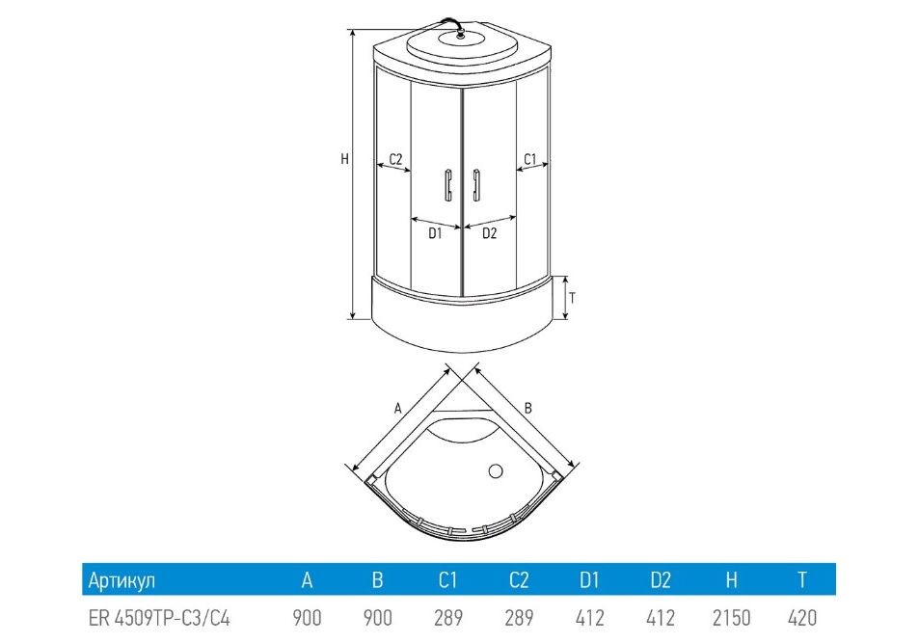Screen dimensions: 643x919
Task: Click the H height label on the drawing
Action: point(344,159)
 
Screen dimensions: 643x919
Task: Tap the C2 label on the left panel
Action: point(395,158)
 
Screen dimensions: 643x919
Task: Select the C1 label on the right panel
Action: point(529,158)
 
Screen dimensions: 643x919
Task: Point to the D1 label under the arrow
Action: point(435,232)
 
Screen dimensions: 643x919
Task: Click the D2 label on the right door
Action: point(490,232)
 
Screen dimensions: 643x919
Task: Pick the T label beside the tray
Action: point(572,297)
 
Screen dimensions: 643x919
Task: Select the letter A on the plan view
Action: point(397,408)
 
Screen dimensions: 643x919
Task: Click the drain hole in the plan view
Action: point(498,471)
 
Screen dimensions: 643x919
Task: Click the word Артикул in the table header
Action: point(122,580)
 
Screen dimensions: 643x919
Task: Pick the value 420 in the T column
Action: point(801,617)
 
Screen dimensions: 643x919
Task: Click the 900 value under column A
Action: point(307,617)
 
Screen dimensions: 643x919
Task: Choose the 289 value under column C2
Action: point(519,617)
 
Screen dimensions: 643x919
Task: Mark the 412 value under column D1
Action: point(589,617)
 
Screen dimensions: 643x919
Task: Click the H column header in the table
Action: point(731,580)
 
